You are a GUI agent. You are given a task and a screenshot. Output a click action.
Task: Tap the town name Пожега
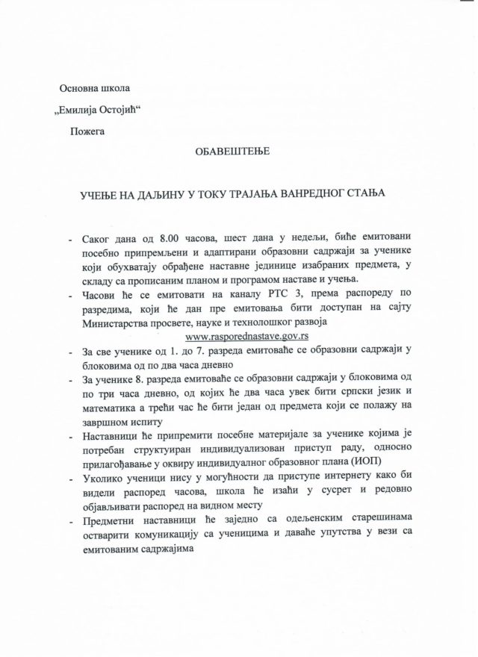pyautogui.click(x=88, y=132)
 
